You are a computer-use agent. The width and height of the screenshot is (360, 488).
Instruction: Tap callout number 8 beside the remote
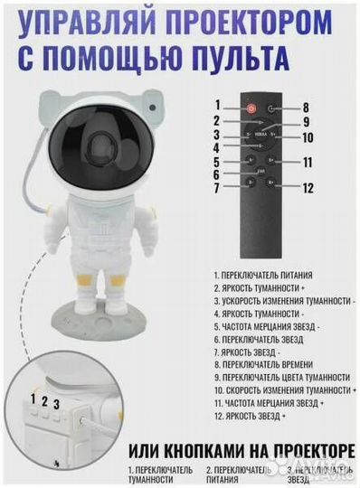point(308,106)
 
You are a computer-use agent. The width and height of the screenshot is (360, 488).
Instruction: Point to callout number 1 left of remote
point(217,105)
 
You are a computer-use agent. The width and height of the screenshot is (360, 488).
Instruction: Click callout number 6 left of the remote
point(217,174)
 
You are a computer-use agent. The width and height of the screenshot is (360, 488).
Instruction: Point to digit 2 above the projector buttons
point(45,399)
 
